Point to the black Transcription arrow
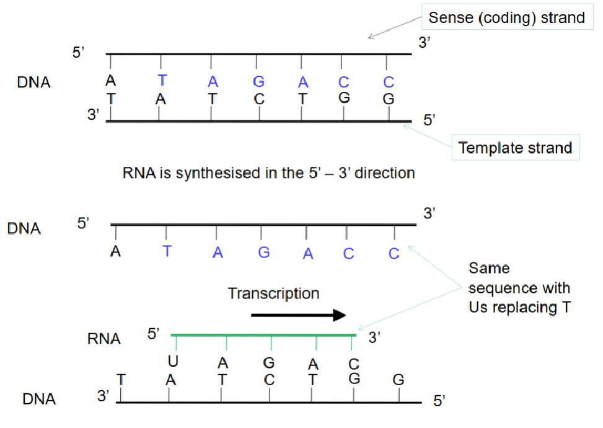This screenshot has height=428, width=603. [298, 315]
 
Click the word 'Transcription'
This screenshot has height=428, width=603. [273, 293]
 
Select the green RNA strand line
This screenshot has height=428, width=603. [264, 336]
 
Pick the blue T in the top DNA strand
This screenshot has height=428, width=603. [162, 81]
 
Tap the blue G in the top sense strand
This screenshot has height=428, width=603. [258, 81]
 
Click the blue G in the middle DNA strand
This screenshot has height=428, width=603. [264, 252]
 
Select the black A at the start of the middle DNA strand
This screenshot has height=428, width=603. [115, 252]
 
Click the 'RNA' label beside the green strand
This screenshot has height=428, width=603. [104, 339]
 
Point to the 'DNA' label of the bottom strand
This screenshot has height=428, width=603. [39, 399]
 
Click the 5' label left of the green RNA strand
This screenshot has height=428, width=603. [153, 335]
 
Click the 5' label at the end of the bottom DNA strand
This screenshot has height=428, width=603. [439, 401]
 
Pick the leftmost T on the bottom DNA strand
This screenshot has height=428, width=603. [120, 377]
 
